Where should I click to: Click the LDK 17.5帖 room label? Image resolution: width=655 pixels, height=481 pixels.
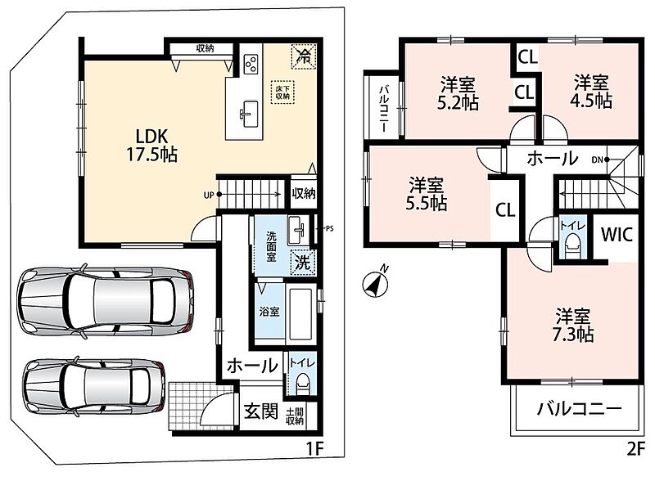[x=152, y=146]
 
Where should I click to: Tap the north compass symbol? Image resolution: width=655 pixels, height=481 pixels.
[x=375, y=284]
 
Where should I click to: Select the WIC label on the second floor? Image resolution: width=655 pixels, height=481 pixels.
[x=617, y=235]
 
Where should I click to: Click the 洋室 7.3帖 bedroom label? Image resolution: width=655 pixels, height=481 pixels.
[x=572, y=326]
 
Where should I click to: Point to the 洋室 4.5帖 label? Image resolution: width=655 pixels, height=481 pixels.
[x=591, y=92]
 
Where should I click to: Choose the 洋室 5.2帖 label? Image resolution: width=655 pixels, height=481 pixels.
[x=458, y=93]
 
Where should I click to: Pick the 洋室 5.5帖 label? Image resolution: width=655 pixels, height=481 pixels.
[x=427, y=194]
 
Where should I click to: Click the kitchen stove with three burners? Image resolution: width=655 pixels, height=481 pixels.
[x=251, y=64]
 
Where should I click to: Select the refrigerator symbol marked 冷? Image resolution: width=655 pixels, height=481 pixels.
[x=304, y=56]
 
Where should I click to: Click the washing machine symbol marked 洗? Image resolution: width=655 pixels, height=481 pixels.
[x=303, y=263]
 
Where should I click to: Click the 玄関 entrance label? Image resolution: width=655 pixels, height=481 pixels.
[x=261, y=412]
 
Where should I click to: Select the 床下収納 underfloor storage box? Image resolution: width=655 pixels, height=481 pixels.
[x=282, y=92]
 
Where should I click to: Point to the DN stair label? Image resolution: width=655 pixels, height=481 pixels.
[x=597, y=160]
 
